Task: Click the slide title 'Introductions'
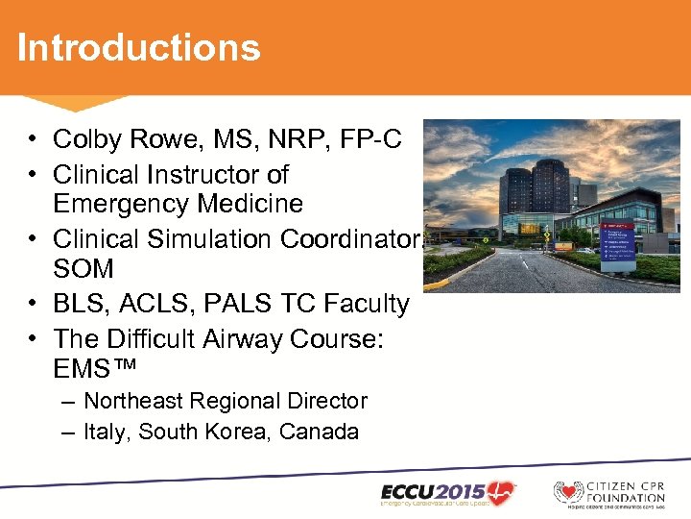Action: [x=138, y=47]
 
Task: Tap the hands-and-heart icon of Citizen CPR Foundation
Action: [x=569, y=492]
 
